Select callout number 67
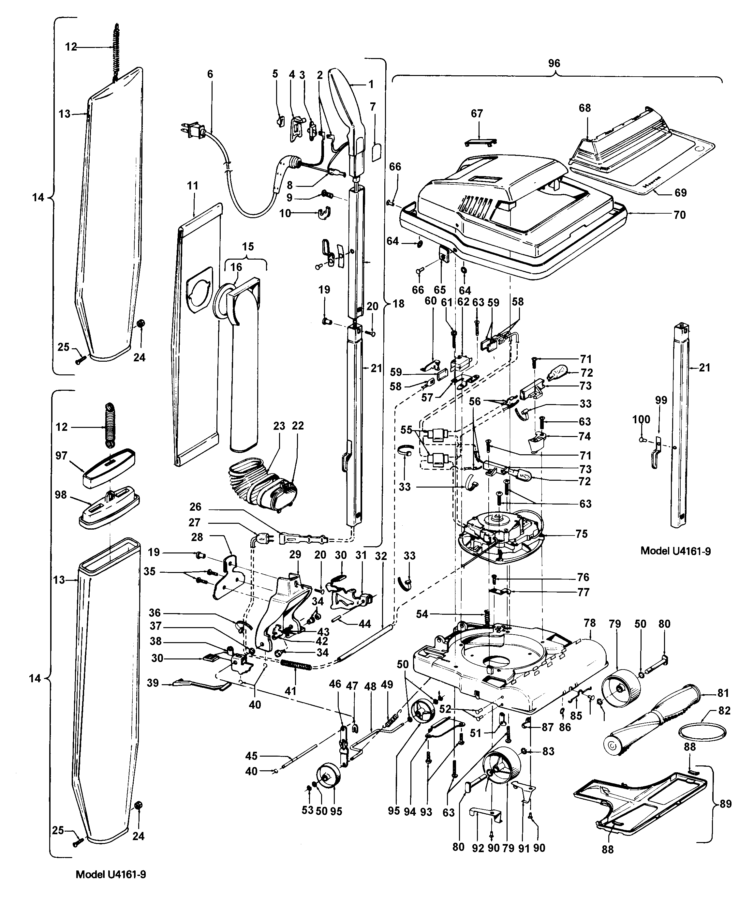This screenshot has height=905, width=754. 477,113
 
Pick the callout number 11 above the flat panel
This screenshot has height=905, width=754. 193,186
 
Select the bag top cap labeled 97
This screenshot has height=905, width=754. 108,468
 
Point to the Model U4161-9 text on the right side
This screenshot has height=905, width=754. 675,551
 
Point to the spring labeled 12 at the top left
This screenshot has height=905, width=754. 115,52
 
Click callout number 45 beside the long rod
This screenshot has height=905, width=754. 252,756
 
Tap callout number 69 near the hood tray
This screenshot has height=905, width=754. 680,193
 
